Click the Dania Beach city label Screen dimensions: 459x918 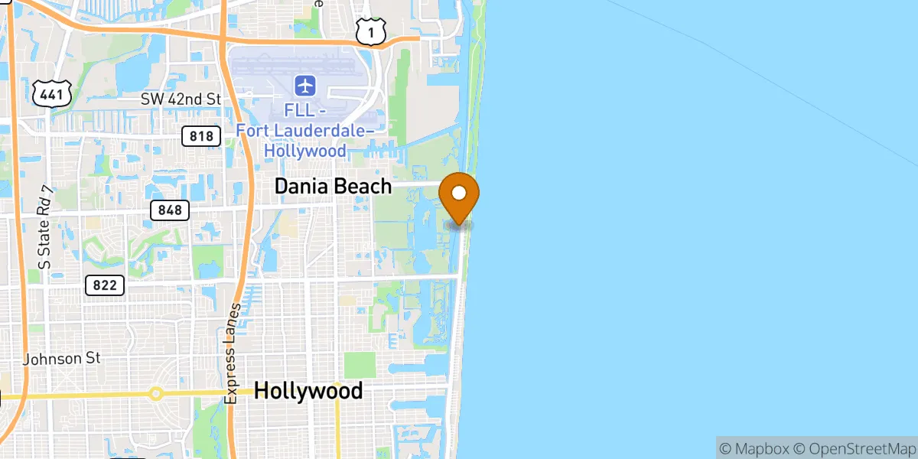click(333, 186)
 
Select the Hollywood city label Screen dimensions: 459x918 click(308, 391)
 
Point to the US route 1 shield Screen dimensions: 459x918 click(370, 31)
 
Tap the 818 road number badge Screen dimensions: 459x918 click(201, 136)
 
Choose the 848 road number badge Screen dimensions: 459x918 click(170, 210)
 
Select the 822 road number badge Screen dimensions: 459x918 click(104, 285)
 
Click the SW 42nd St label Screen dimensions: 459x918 click(181, 99)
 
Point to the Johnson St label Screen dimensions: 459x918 click(62, 358)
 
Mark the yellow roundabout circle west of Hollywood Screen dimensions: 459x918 click(156, 394)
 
